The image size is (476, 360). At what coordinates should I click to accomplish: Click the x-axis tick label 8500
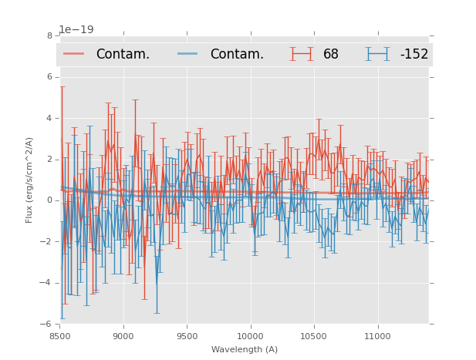[60, 336]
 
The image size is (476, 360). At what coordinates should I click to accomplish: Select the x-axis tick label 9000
[123, 336]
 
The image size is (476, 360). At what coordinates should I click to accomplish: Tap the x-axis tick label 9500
[187, 336]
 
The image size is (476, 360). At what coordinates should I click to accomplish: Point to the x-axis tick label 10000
[250, 336]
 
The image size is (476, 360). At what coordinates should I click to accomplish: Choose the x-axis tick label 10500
[314, 336]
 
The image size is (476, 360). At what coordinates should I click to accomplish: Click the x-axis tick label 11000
[377, 336]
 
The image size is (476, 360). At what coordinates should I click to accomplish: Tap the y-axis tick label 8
[49, 36]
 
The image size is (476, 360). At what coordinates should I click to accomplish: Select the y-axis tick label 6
[49, 77]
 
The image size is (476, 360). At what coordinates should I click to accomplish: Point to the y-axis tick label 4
[49, 119]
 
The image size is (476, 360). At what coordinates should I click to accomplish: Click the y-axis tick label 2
[49, 160]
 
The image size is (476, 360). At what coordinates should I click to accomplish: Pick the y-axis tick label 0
[49, 200]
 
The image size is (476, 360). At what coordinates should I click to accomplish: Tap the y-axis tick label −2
[47, 242]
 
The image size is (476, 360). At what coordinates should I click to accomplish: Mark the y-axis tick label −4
[47, 283]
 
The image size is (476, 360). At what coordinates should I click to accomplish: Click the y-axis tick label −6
[47, 324]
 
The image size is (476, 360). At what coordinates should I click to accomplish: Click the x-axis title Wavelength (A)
[245, 349]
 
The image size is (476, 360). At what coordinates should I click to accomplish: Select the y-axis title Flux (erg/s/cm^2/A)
[29, 180]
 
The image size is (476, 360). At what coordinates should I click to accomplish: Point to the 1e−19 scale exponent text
[76, 30]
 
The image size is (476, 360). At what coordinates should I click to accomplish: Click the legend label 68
[331, 55]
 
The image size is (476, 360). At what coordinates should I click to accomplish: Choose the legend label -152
[414, 55]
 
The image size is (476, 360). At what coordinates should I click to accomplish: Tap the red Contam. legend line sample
[74, 54]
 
